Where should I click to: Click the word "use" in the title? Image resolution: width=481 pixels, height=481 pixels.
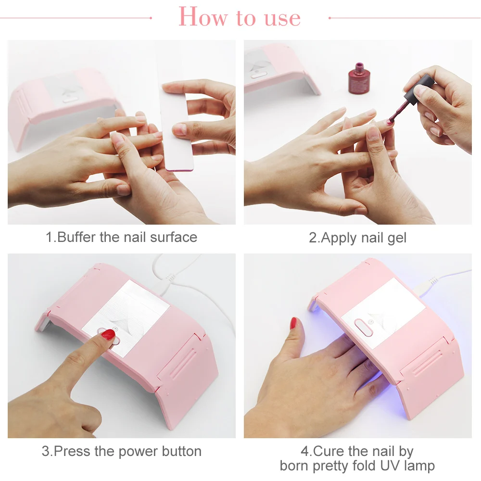282,19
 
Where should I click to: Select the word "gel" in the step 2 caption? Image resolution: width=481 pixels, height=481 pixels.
397,239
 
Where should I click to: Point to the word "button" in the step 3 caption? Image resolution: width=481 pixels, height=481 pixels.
182,451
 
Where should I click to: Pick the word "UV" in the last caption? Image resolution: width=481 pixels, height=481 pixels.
390,466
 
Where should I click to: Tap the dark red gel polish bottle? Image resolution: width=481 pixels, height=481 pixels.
359,78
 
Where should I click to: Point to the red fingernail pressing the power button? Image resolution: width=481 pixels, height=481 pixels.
108,334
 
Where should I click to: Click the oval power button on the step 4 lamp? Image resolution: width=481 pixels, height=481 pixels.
363,328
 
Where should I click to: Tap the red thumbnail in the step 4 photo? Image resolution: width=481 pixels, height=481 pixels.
293,323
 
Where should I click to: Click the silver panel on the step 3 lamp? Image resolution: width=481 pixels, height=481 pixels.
126,318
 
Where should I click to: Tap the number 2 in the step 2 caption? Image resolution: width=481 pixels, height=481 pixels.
312,238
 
